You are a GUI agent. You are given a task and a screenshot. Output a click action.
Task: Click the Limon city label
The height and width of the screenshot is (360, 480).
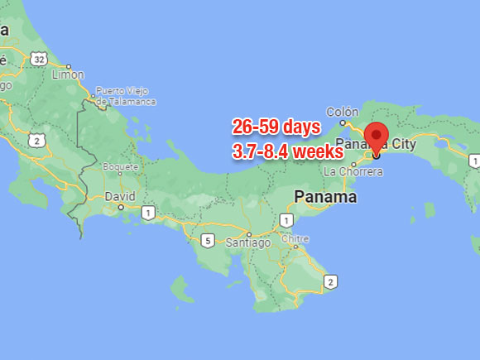pyautogui.click(x=68, y=74)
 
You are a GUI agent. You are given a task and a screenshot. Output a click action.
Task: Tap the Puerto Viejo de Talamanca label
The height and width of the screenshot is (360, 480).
pyautogui.click(x=125, y=95)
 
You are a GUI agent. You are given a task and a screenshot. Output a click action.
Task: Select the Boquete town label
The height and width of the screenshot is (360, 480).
pyautogui.click(x=120, y=166)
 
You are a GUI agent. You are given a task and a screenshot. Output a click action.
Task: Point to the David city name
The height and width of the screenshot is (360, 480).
pyautogui.click(x=120, y=196)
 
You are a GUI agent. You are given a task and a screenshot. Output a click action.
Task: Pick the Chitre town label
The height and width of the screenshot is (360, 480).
pyautogui.click(x=295, y=239)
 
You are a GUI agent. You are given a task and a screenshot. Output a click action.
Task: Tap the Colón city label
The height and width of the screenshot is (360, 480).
pyautogui.click(x=342, y=113)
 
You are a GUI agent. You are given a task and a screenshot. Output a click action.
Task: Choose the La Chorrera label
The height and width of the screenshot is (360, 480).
pyautogui.click(x=353, y=172)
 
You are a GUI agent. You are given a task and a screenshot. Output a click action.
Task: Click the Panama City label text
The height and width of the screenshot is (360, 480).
pyautogui.click(x=380, y=143)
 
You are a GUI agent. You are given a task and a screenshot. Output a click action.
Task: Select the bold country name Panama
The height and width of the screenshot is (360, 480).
pyautogui.click(x=326, y=197)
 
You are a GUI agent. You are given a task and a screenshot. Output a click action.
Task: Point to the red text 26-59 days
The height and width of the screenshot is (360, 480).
pyautogui.click(x=276, y=127)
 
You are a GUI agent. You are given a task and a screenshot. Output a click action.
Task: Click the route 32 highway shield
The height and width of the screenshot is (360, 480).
pyautogui.click(x=38, y=58)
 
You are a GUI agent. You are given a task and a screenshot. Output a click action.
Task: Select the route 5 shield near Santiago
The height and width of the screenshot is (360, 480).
pyautogui.click(x=209, y=241)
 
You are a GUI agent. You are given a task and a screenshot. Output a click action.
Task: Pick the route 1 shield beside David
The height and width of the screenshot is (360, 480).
pyautogui.click(x=148, y=214)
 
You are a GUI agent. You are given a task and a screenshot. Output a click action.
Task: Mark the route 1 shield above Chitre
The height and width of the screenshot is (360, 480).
pyautogui.click(x=286, y=220)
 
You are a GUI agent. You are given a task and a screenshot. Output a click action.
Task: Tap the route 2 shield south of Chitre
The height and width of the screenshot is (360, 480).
pyautogui.click(x=330, y=282)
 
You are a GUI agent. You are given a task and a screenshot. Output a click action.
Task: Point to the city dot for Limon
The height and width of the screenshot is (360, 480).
pyautogui.click(x=69, y=66)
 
